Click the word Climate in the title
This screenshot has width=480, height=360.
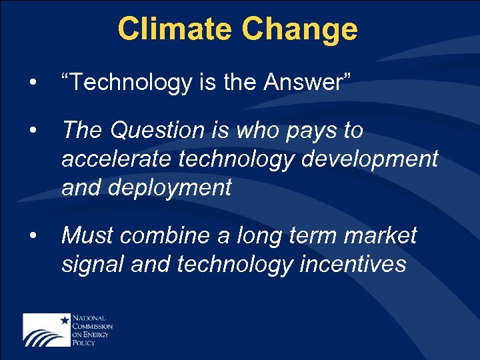(x=176, y=29)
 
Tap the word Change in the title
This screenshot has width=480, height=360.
(x=300, y=29)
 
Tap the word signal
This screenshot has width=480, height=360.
(x=93, y=265)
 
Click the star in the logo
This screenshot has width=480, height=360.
(x=65, y=321)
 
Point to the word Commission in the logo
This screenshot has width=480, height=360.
(x=93, y=327)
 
